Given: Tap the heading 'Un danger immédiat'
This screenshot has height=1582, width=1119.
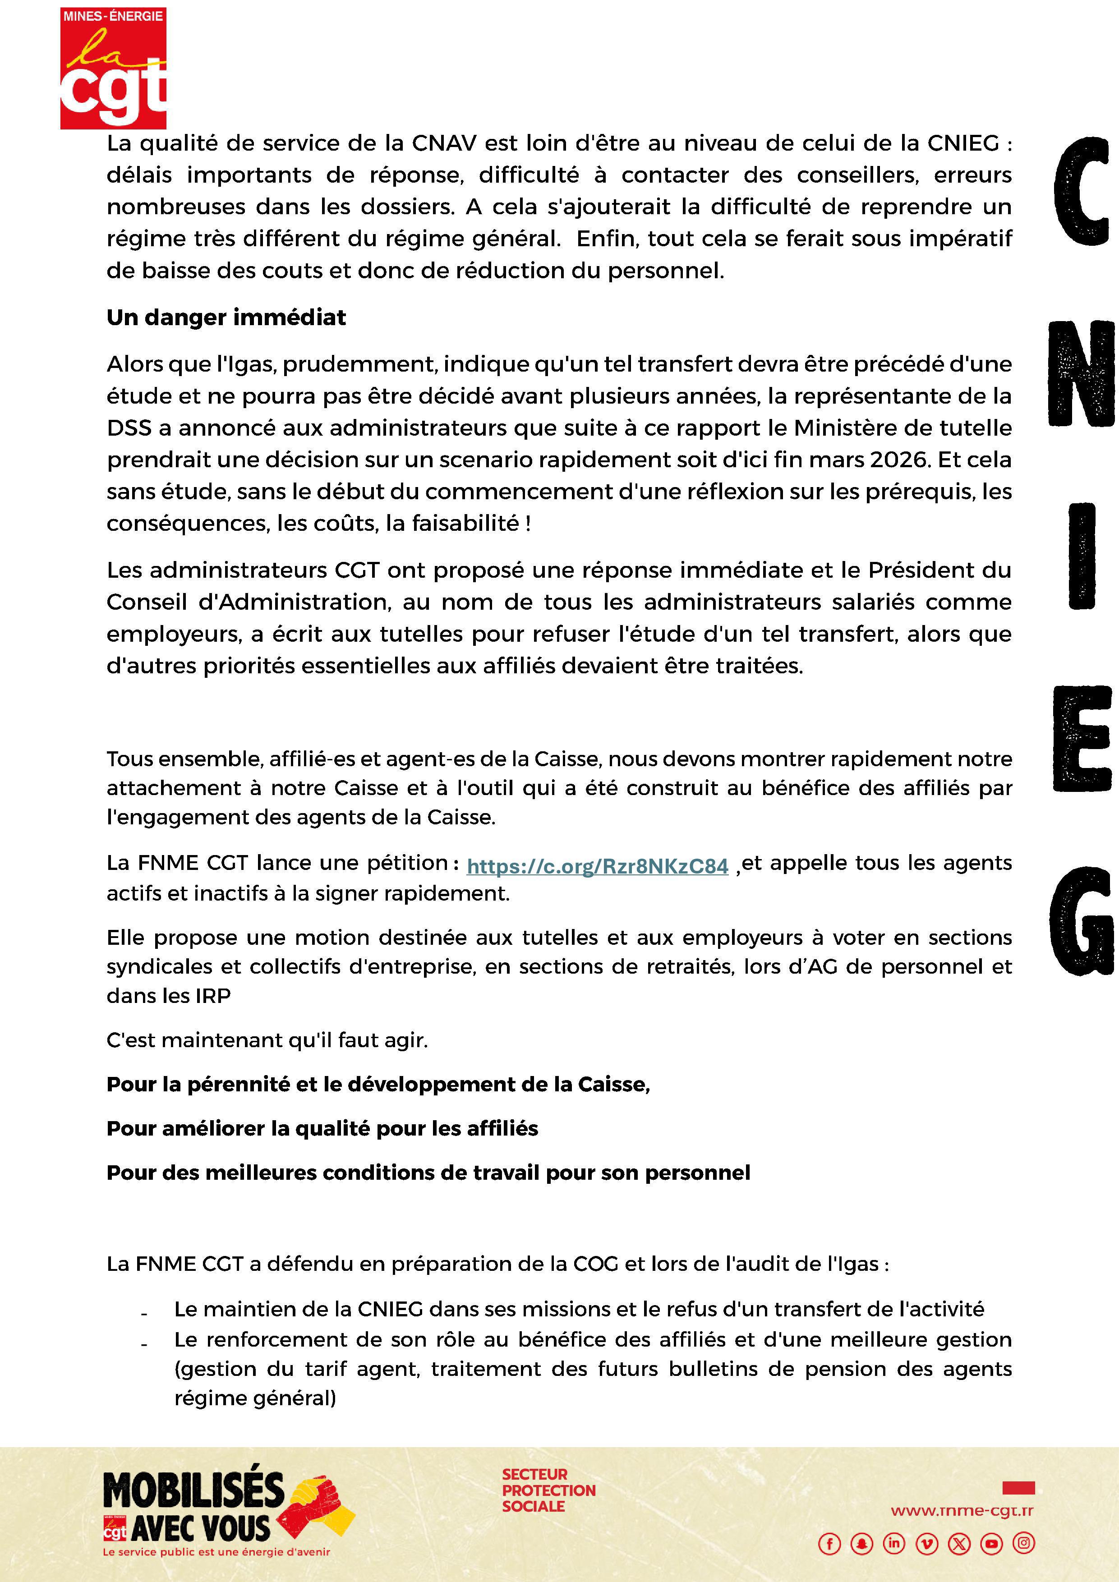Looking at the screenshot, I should [x=226, y=317].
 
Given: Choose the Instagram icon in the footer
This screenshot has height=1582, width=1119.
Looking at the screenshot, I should [x=1024, y=1543].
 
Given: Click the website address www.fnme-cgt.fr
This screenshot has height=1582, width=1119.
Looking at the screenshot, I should [x=962, y=1511].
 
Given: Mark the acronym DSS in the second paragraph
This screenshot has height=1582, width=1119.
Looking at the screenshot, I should [x=129, y=428].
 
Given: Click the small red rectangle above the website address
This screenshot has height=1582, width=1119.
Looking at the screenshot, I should [x=1018, y=1488].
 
